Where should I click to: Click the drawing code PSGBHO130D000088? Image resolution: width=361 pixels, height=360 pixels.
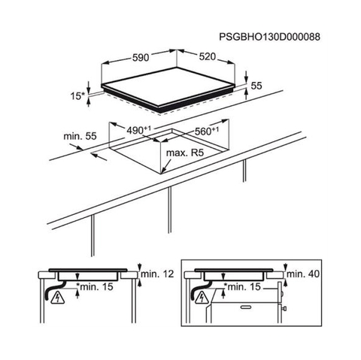269,37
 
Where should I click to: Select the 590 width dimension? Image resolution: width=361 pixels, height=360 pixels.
141,57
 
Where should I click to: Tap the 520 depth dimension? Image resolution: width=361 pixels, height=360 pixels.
208,56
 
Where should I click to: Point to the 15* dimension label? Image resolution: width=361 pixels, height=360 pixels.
77,96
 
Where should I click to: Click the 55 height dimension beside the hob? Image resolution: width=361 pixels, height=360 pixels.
256,86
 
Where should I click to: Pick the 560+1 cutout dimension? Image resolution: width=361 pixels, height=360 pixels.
207,131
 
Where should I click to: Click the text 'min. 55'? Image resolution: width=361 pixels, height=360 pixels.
80,136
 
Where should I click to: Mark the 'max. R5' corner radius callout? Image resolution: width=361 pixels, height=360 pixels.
185,153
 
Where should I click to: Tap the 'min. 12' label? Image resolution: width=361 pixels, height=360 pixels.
157,274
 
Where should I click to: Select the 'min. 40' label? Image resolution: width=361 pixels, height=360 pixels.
303,274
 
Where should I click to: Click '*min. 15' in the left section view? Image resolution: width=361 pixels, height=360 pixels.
95,286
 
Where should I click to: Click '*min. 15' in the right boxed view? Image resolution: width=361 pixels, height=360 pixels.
242,286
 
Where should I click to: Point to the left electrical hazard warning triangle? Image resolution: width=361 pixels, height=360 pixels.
58,298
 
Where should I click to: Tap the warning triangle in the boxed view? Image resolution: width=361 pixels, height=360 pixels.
202,298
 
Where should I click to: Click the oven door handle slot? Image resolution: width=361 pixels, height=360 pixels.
247,307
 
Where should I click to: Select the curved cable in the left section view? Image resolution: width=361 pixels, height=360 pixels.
53,289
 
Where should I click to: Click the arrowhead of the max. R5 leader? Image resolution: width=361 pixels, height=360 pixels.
163,171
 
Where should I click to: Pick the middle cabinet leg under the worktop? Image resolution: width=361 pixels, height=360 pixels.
170,210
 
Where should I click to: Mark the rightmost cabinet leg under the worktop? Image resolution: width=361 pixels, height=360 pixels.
244,171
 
